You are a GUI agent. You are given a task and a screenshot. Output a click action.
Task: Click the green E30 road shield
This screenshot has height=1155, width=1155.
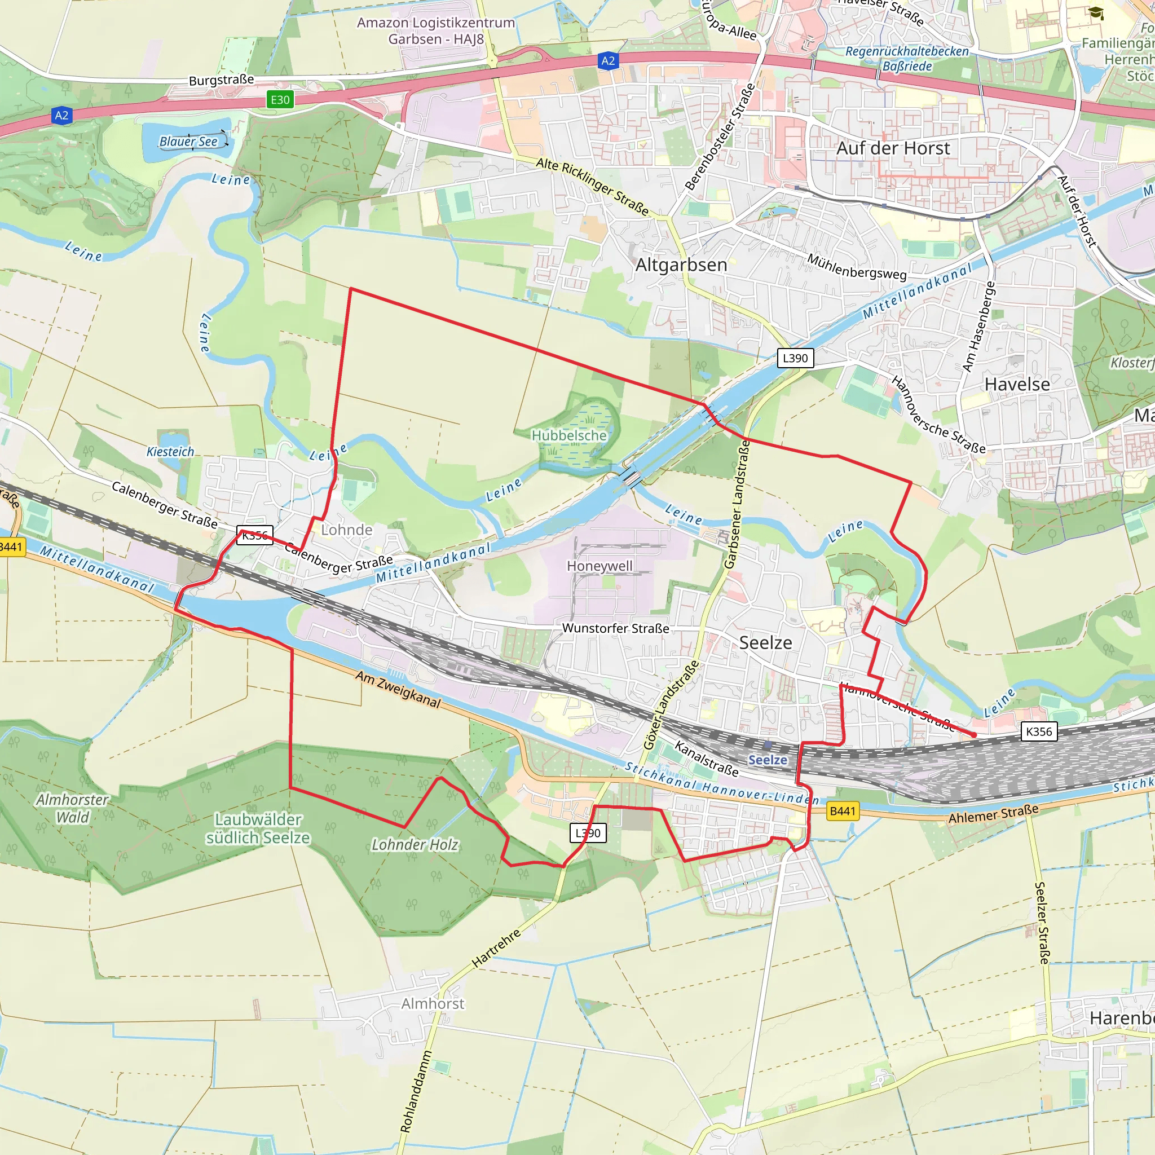[280, 100]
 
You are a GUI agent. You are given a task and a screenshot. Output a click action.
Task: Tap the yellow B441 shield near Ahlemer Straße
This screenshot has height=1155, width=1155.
[843, 810]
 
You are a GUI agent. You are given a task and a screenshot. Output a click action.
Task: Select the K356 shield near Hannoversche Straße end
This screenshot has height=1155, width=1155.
[1038, 731]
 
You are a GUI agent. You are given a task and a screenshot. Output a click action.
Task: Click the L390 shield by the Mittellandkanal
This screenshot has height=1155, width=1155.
[795, 358]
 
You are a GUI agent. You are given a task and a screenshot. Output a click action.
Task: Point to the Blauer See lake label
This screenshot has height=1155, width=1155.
[188, 142]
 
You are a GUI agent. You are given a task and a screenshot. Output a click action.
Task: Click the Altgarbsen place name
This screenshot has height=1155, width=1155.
[681, 265]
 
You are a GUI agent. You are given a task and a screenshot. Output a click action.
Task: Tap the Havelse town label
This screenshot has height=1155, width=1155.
[1017, 384]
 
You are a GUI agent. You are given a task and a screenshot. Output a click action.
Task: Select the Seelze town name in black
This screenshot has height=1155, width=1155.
[765, 643]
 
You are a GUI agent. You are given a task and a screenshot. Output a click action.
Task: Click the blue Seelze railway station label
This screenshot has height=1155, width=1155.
[768, 760]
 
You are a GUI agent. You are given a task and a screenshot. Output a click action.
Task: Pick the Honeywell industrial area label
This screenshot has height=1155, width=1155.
[599, 566]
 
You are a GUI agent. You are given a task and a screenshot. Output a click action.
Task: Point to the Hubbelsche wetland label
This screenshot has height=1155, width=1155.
[568, 436]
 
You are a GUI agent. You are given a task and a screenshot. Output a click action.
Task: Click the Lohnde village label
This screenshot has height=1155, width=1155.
[347, 530]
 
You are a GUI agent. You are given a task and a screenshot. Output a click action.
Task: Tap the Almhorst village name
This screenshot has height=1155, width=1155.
[432, 1004]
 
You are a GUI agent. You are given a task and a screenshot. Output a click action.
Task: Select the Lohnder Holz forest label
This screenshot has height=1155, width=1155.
[415, 845]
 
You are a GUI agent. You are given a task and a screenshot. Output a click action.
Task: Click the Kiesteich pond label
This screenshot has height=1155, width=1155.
[170, 452]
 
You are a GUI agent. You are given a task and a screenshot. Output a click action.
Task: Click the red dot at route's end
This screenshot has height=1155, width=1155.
[974, 735]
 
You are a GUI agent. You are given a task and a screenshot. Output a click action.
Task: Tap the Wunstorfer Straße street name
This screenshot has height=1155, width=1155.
[615, 628]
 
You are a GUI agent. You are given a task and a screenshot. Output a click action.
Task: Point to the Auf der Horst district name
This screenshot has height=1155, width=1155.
[893, 148]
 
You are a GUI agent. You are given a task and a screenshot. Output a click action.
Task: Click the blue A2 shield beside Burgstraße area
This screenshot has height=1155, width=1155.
[62, 116]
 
